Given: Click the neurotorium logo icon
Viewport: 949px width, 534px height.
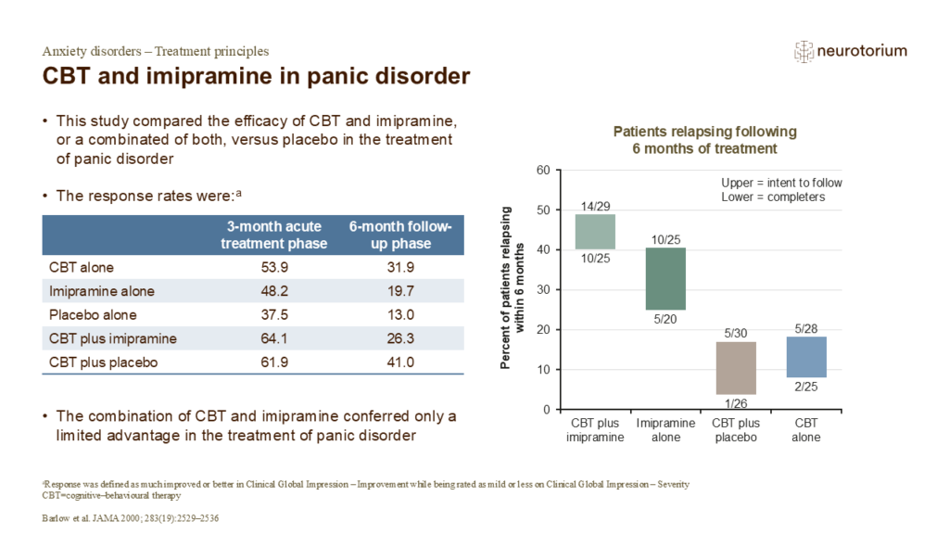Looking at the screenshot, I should [x=803, y=52].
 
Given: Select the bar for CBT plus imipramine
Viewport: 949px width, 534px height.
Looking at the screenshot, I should [x=595, y=232].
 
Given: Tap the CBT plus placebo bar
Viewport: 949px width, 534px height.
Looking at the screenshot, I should [x=736, y=368].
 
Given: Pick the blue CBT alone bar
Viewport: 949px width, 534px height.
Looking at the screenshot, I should [x=805, y=357].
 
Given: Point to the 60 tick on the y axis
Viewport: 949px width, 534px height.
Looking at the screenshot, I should [x=543, y=171].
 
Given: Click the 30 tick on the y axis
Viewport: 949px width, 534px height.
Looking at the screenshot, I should [x=543, y=290].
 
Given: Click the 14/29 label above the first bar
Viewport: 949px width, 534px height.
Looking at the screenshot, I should [x=595, y=205].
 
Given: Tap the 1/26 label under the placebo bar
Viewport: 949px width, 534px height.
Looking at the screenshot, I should [x=736, y=403].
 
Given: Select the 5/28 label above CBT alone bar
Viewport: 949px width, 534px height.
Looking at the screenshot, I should [x=805, y=328].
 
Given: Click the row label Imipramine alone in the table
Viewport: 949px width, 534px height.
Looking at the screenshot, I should [x=102, y=291].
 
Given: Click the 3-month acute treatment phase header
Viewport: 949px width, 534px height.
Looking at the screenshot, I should [x=278, y=235].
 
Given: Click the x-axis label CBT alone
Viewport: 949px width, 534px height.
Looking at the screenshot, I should [x=805, y=431].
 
